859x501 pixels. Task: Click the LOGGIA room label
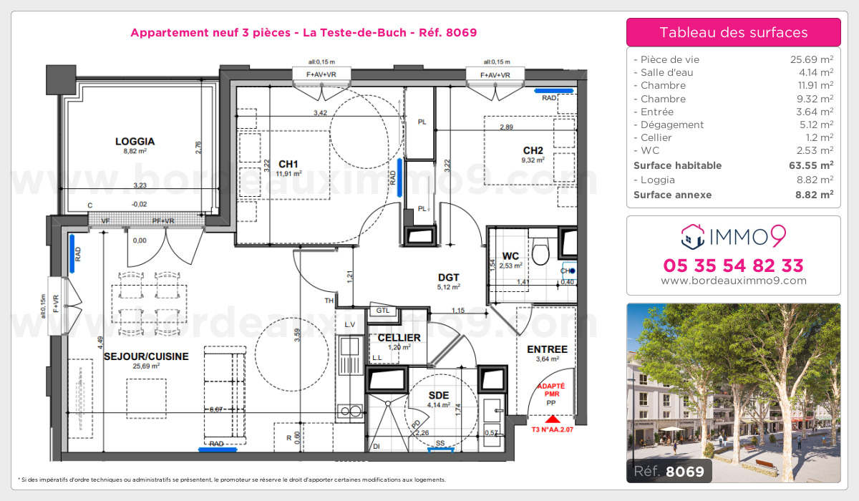tap(135, 142)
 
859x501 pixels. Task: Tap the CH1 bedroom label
tap(288, 162)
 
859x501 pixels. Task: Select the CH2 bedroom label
tap(533, 150)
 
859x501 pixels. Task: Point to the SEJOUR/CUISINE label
tap(146, 356)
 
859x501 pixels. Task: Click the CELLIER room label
tap(399, 338)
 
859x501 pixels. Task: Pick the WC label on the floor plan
tap(510, 256)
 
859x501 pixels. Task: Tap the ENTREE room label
tap(547, 349)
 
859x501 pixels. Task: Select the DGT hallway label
tap(449, 278)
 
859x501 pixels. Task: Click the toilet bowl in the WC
tap(542, 250)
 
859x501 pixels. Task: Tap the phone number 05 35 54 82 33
tap(733, 266)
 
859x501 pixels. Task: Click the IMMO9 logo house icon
tap(691, 233)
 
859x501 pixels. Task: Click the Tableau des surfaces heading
tap(733, 32)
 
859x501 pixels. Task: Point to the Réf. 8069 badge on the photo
tap(669, 471)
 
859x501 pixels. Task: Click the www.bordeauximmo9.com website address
tap(733, 281)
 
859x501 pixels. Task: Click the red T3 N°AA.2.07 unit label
tap(551, 429)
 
